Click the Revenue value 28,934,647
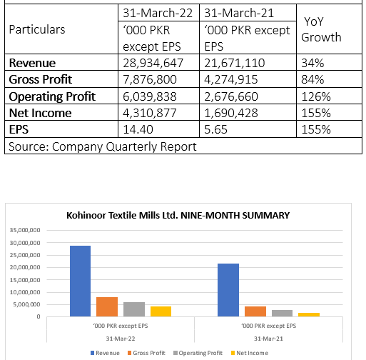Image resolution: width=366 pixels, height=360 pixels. click(153, 63)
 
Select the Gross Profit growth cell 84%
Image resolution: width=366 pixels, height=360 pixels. click(312, 79)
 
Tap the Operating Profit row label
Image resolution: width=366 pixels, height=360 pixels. click(52, 96)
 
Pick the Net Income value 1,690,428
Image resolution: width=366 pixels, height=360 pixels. click(231, 113)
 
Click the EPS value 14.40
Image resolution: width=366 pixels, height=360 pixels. click(138, 129)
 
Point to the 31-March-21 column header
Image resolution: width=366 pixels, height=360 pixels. click(239, 13)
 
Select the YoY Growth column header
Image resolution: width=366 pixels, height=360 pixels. click(321, 29)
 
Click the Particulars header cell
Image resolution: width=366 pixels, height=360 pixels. click(37, 29)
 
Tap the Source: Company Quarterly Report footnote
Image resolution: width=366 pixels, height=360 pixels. click(103, 146)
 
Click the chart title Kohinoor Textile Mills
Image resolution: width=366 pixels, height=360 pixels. click(178, 216)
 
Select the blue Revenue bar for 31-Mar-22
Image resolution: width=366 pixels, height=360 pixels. click(80, 281)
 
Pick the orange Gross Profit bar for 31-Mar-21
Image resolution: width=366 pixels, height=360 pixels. click(255, 311)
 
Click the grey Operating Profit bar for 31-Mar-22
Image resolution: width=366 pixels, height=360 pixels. click(134, 309)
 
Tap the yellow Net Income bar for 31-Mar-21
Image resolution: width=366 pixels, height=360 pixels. click(309, 315)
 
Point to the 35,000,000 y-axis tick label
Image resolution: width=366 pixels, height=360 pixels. click(25, 230)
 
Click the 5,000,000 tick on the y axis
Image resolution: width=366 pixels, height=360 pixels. click(26, 304)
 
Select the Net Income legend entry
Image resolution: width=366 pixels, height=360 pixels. click(250, 353)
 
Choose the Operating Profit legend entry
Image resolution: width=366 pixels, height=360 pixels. click(198, 353)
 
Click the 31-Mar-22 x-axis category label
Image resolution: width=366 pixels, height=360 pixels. click(121, 339)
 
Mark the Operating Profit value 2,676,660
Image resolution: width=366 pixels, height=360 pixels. click(231, 96)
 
